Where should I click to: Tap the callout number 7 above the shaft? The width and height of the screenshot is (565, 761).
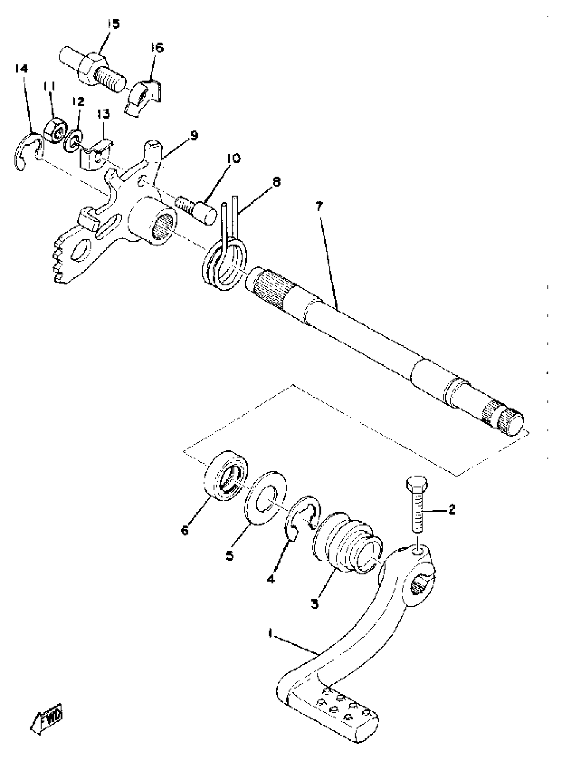click(319, 207)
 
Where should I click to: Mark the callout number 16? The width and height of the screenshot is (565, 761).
click(158, 48)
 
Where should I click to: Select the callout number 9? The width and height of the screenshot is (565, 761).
click(193, 136)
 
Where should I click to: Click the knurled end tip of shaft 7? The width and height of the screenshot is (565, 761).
click(510, 423)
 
